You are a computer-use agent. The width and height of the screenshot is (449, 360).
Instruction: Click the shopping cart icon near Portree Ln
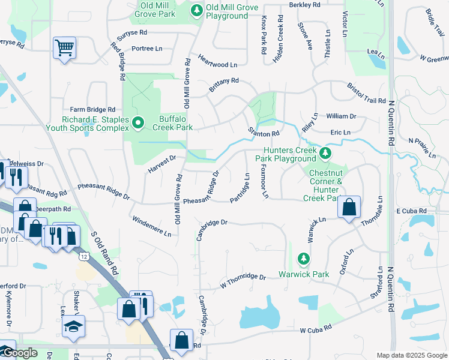coord(64,47)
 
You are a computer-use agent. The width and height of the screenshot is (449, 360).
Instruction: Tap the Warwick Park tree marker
coord(304,260)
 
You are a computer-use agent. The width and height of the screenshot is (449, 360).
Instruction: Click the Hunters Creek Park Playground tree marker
coord(325,154)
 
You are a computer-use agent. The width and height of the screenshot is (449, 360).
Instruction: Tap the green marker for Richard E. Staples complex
coord(137,123)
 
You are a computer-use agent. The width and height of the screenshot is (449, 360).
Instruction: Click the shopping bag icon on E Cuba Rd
coord(349,208)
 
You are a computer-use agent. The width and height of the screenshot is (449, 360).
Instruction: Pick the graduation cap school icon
coord(73,326)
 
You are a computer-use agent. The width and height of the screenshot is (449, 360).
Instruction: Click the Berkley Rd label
coord(304,4)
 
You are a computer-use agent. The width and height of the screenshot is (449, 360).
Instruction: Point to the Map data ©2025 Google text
coord(412,355)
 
